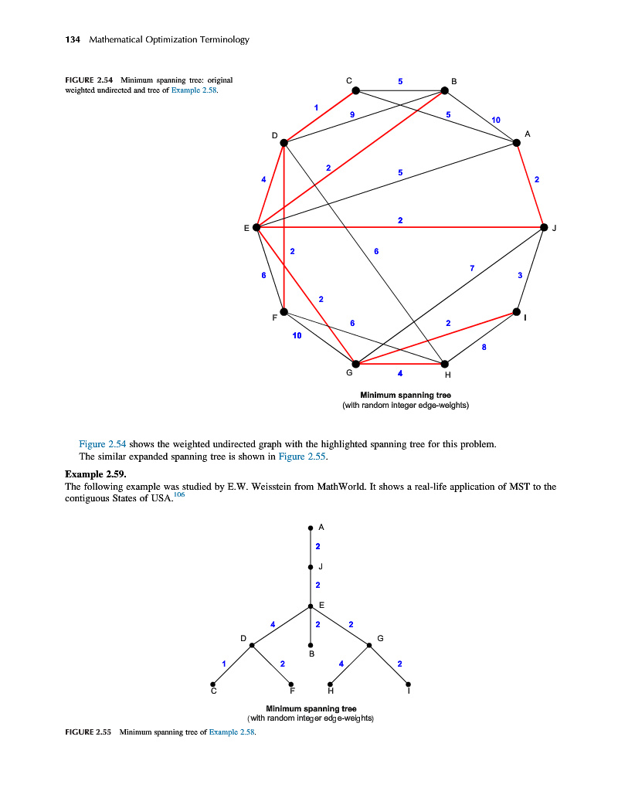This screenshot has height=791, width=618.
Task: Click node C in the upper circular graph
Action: [356, 90]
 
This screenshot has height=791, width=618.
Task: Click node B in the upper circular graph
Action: [444, 90]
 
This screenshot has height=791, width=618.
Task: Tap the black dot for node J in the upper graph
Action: [544, 228]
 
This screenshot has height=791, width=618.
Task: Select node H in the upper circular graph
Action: [444, 364]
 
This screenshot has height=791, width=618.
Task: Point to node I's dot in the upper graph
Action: [517, 312]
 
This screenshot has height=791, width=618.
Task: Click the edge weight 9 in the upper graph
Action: [351, 115]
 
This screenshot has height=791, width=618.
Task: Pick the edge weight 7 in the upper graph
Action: [471, 267]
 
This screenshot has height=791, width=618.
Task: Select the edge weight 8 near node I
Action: [484, 348]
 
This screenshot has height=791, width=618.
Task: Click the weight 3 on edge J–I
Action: [520, 275]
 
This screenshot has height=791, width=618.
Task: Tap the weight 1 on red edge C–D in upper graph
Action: [315, 107]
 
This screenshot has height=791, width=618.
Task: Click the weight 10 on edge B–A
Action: [496, 120]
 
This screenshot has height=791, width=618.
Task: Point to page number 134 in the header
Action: [73, 39]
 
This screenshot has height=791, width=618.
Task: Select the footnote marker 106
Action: [179, 495]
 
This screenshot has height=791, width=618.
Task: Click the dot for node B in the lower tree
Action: [311, 645]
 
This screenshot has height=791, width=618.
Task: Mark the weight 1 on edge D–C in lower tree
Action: [223, 663]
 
